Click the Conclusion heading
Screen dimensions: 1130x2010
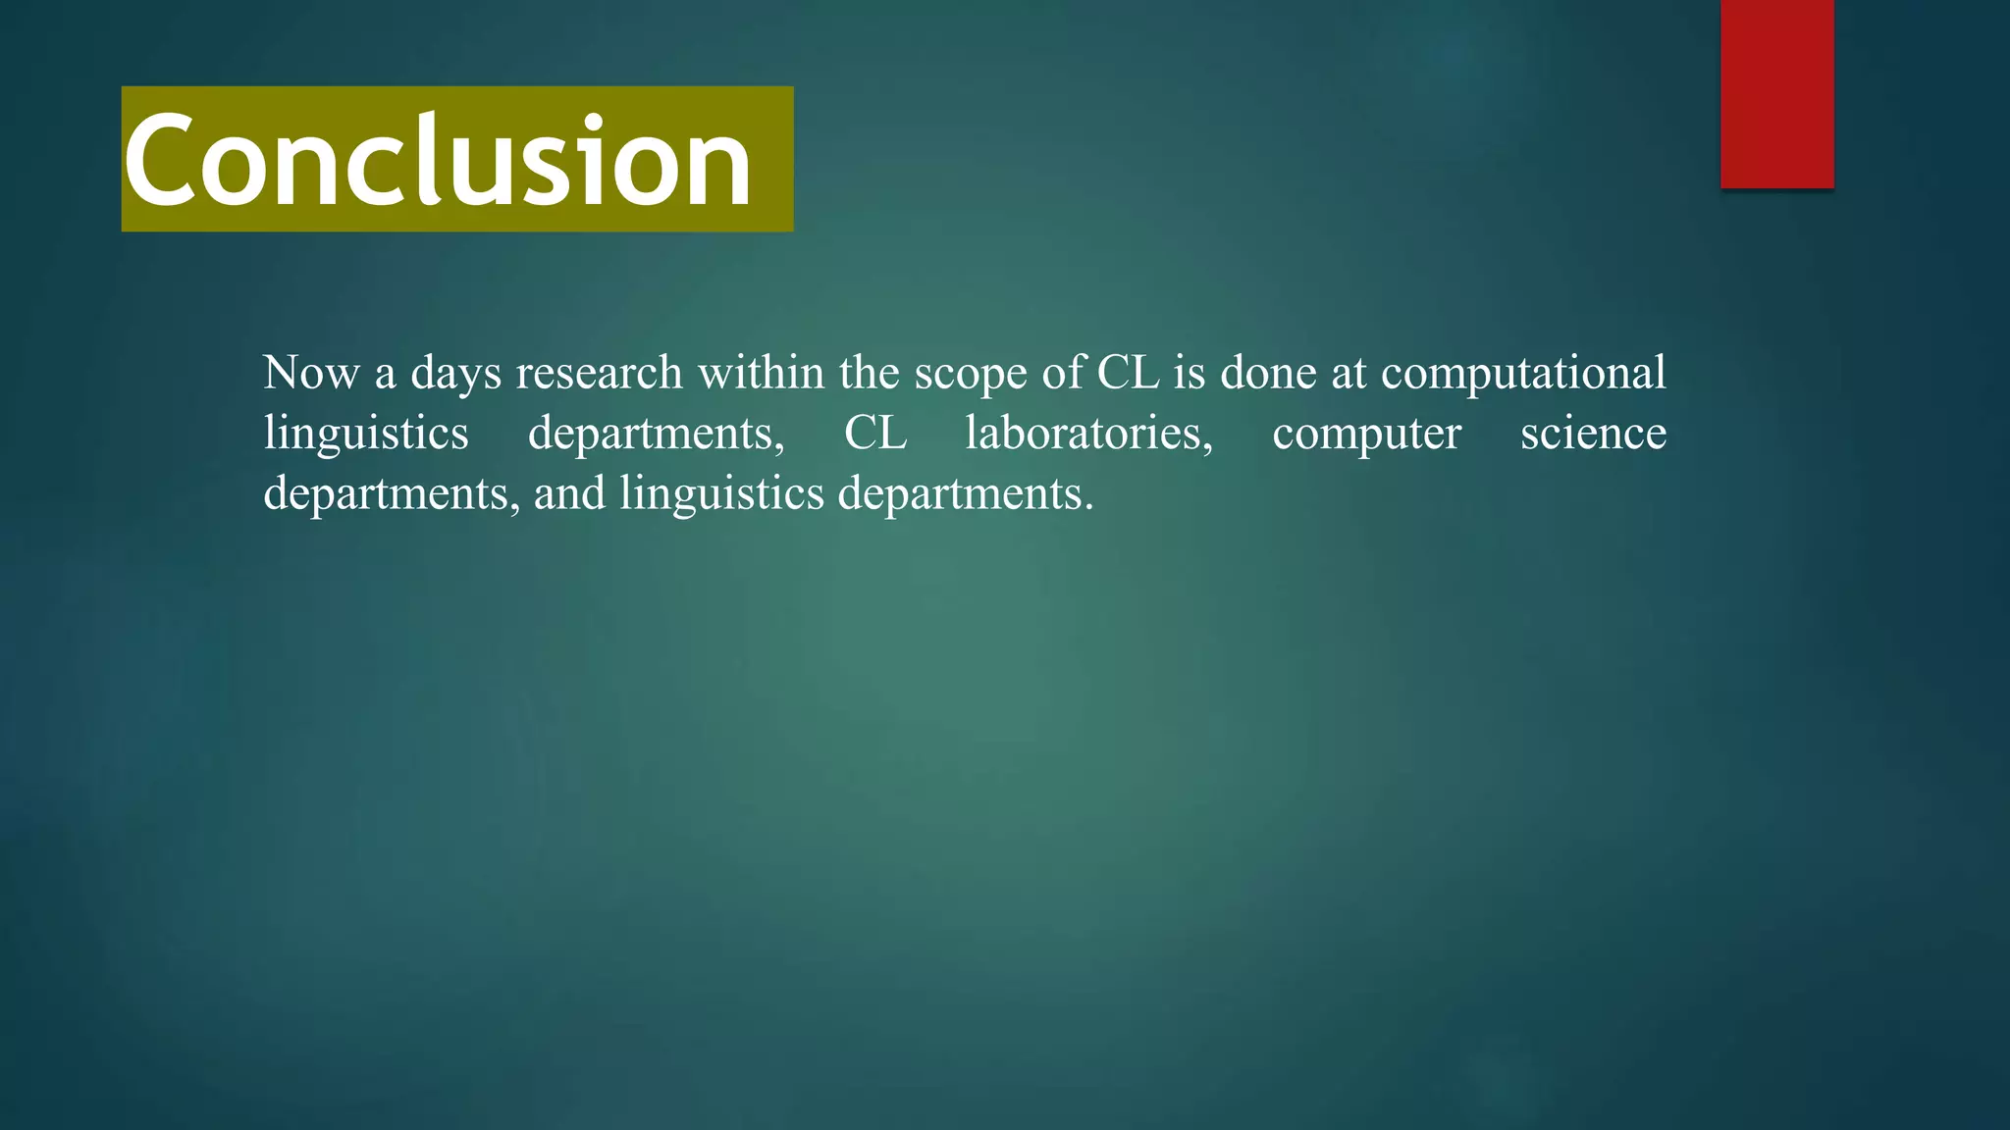(438, 160)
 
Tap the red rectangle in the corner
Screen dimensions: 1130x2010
(1776, 93)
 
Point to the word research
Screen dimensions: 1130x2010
(599, 373)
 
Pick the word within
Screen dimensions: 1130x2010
(761, 373)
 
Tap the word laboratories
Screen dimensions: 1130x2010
(1088, 433)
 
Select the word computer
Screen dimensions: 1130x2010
(1366, 435)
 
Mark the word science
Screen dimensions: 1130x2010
(1593, 433)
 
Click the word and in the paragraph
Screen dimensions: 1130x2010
(569, 492)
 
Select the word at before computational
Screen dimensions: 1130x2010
(1349, 374)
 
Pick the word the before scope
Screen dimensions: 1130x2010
(869, 373)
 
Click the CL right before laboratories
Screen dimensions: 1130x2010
(875, 433)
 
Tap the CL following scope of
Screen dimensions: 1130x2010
(1128, 373)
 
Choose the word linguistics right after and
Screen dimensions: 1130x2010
(721, 493)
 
